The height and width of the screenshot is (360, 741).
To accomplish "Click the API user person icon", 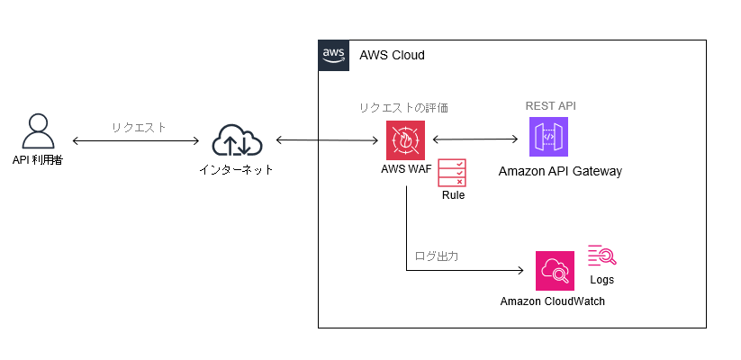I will click(37, 131).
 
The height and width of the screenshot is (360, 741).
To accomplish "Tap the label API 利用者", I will click(37, 161).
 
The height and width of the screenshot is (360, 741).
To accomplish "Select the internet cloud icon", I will click(237, 141).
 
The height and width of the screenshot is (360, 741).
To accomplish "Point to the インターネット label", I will click(237, 169).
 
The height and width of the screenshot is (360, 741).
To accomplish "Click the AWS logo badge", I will click(333, 55).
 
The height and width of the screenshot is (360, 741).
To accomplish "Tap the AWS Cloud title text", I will click(392, 56).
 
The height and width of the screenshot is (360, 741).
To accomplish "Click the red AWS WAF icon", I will click(405, 140).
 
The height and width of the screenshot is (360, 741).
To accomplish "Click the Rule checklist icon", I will click(452, 172).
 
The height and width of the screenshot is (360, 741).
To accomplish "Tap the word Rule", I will click(453, 195).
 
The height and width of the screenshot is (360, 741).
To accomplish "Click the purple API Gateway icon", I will click(549, 139).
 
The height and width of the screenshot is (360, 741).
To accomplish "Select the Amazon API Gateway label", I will click(560, 171).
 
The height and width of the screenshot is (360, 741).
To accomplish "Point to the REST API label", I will click(550, 106).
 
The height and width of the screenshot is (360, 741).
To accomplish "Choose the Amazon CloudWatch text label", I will click(553, 301).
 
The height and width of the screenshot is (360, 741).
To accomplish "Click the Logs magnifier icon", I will click(602, 256).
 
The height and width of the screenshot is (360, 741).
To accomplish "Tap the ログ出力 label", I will click(437, 256).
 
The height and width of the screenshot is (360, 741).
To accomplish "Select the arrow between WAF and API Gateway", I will click(476, 139).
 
